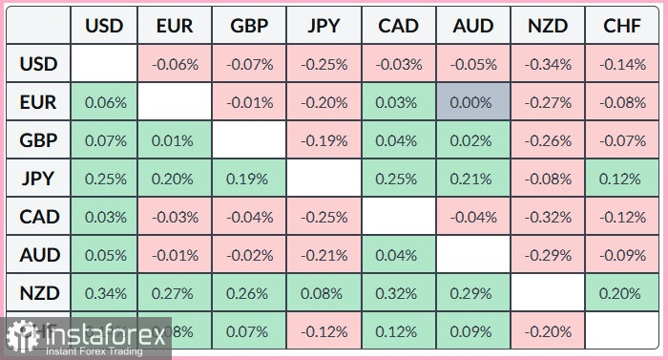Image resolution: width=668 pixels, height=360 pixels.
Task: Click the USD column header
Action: point(104,26)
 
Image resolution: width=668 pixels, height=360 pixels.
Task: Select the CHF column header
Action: point(622,26)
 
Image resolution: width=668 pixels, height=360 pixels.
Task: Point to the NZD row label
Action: point(38,293)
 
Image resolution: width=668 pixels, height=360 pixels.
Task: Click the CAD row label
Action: point(38,217)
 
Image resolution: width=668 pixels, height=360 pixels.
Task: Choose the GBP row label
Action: point(38,140)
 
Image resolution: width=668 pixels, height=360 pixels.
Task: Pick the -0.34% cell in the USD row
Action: point(548,65)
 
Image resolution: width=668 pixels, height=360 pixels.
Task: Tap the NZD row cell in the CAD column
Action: point(400,293)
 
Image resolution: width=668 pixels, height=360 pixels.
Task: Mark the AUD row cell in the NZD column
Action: point(548,255)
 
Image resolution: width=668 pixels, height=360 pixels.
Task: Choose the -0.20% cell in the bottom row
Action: point(548,331)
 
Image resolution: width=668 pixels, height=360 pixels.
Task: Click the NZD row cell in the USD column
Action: point(104,293)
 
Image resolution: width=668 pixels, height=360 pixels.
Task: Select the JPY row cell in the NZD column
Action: point(548,179)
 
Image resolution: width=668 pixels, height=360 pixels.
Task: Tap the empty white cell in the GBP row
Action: point(249,140)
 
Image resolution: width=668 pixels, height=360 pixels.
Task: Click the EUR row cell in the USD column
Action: point(104,102)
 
